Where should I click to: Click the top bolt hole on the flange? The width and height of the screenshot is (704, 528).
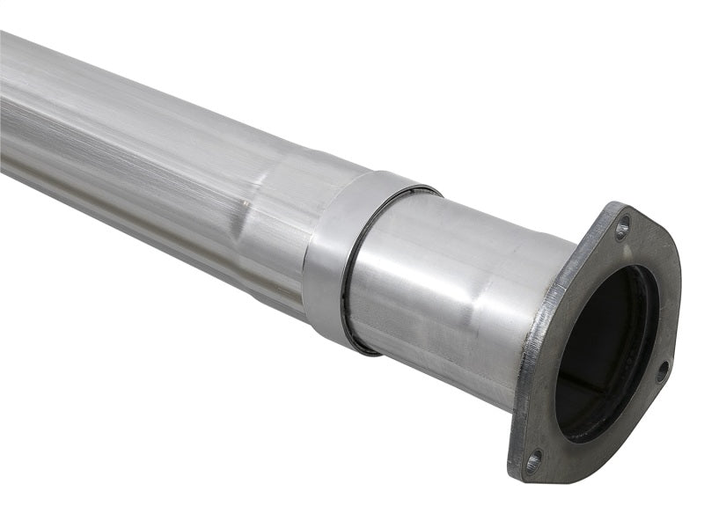tap(622, 231)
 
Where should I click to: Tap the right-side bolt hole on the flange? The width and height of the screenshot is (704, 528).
tap(662, 370)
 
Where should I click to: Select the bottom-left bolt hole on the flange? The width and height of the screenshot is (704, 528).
tap(533, 459)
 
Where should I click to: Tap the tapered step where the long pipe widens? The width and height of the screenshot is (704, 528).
tap(264, 211)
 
